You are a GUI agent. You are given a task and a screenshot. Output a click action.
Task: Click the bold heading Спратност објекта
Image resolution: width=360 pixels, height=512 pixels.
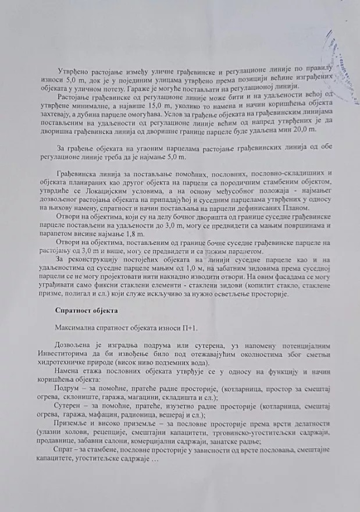tap(83, 310)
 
